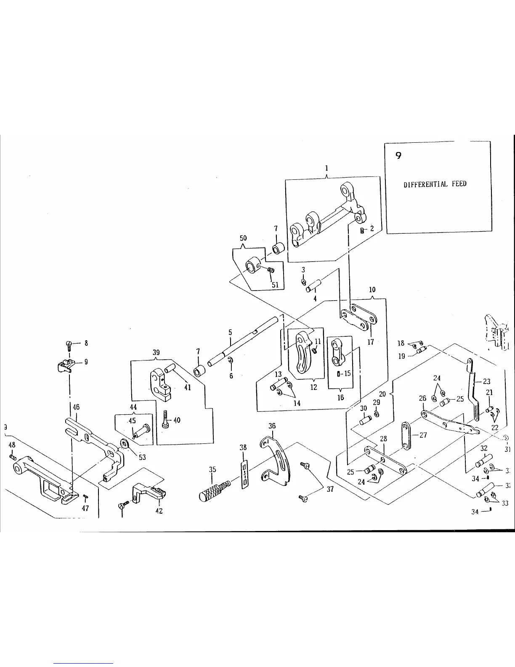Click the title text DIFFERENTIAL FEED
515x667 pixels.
(435, 184)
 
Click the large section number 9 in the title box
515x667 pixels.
(398, 155)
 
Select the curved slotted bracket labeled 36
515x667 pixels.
(278, 459)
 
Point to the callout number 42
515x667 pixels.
(159, 511)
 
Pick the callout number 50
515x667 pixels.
(243, 238)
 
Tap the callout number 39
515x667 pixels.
(156, 352)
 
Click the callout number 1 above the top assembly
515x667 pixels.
(327, 168)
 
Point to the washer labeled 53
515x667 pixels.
(125, 444)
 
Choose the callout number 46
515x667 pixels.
(76, 407)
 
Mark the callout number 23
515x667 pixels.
(486, 382)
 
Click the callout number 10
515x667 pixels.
(372, 290)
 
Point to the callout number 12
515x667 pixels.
(313, 387)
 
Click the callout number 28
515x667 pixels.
(383, 439)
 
